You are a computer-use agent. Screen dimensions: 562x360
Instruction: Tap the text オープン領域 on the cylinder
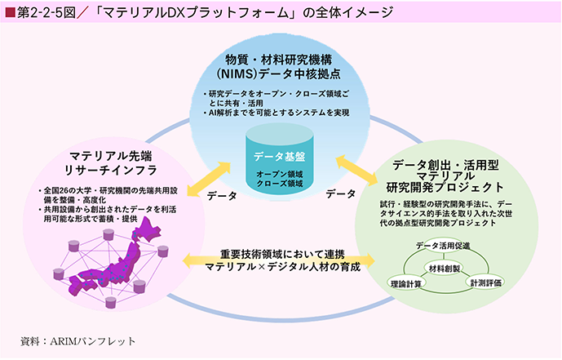(280, 174)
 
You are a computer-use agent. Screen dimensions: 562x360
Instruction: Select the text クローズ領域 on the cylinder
(280, 184)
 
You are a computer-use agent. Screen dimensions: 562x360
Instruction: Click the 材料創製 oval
(444, 269)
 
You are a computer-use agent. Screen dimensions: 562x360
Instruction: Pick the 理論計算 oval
(406, 283)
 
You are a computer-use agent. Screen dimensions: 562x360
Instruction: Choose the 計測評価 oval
(485, 282)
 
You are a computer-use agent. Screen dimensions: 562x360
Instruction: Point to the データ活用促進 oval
(443, 246)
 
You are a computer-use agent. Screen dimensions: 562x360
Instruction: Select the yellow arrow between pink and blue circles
(209, 179)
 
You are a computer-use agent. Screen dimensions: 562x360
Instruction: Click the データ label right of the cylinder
(340, 194)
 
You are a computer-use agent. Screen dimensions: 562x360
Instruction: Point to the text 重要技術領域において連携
(282, 254)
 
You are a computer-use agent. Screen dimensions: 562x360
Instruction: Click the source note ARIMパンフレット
(92, 341)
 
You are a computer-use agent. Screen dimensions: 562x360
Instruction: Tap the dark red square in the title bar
(10, 12)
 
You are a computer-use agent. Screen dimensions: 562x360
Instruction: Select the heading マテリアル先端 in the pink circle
(111, 156)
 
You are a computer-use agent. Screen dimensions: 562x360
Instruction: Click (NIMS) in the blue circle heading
(237, 73)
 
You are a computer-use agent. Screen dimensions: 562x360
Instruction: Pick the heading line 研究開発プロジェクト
(445, 187)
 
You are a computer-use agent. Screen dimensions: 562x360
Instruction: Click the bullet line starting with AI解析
(277, 113)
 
